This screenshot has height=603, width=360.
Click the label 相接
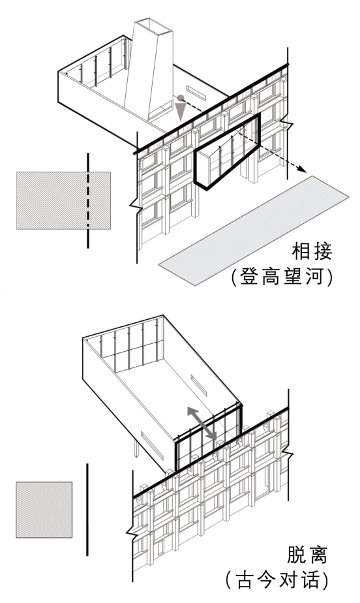(312, 252)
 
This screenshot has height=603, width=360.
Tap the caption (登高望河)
(282, 277)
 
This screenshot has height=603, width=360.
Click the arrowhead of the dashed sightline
(303, 170)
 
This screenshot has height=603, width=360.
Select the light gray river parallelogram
(254, 230)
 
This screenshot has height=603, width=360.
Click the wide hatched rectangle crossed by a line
(63, 200)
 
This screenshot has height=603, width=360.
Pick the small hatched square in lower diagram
(44, 510)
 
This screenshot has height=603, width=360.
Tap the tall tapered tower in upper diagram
(150, 69)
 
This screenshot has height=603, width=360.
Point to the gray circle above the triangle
(180, 98)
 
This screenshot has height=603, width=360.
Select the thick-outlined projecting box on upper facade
(227, 151)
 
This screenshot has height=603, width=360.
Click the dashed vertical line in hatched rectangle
(88, 200)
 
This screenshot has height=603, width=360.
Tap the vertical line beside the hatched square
(87, 510)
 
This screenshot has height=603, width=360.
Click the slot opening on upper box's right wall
(196, 93)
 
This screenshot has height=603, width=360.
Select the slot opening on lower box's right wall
(199, 385)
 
